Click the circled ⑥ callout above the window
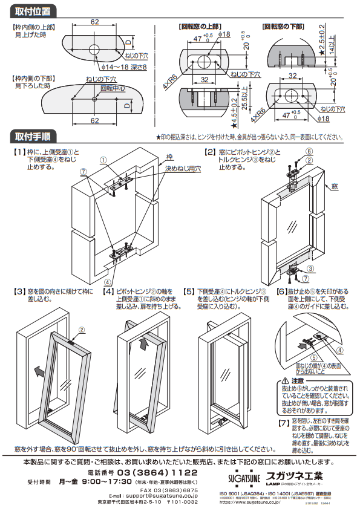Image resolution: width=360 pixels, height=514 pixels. [x=309, y=151]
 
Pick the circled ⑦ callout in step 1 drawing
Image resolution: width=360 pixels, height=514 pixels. [x=83, y=172]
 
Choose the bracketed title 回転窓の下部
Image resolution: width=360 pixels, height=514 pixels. [x=283, y=27]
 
